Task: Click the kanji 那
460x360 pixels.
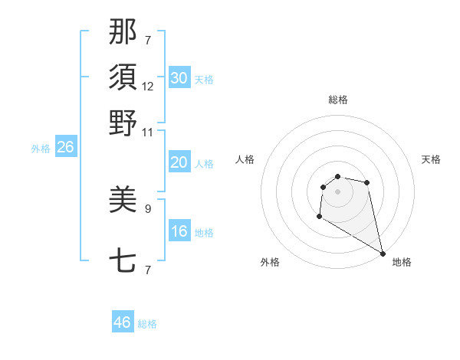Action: coord(123,33)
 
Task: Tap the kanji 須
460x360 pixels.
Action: coord(123,77)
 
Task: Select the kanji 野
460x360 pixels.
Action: coord(123,123)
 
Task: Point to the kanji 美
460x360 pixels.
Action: coord(123,201)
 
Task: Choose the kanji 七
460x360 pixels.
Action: coord(123,262)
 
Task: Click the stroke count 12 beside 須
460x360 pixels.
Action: coord(148,87)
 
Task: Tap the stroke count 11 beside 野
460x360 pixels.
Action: coord(148,132)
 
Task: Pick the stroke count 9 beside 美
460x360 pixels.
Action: coord(148,208)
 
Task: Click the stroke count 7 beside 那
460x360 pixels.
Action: coord(148,40)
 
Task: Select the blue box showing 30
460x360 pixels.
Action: coord(179,77)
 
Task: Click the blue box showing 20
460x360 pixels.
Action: coord(179,162)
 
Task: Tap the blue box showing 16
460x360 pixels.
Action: coord(179,231)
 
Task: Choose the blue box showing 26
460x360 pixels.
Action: coord(65,148)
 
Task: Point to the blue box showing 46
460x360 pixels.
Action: coord(123,322)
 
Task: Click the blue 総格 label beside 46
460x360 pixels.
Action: coord(147,324)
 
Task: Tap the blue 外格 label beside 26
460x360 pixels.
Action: coord(41,149)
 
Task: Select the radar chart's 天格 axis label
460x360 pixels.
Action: coord(431,159)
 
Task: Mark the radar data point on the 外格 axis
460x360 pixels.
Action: coord(319,218)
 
